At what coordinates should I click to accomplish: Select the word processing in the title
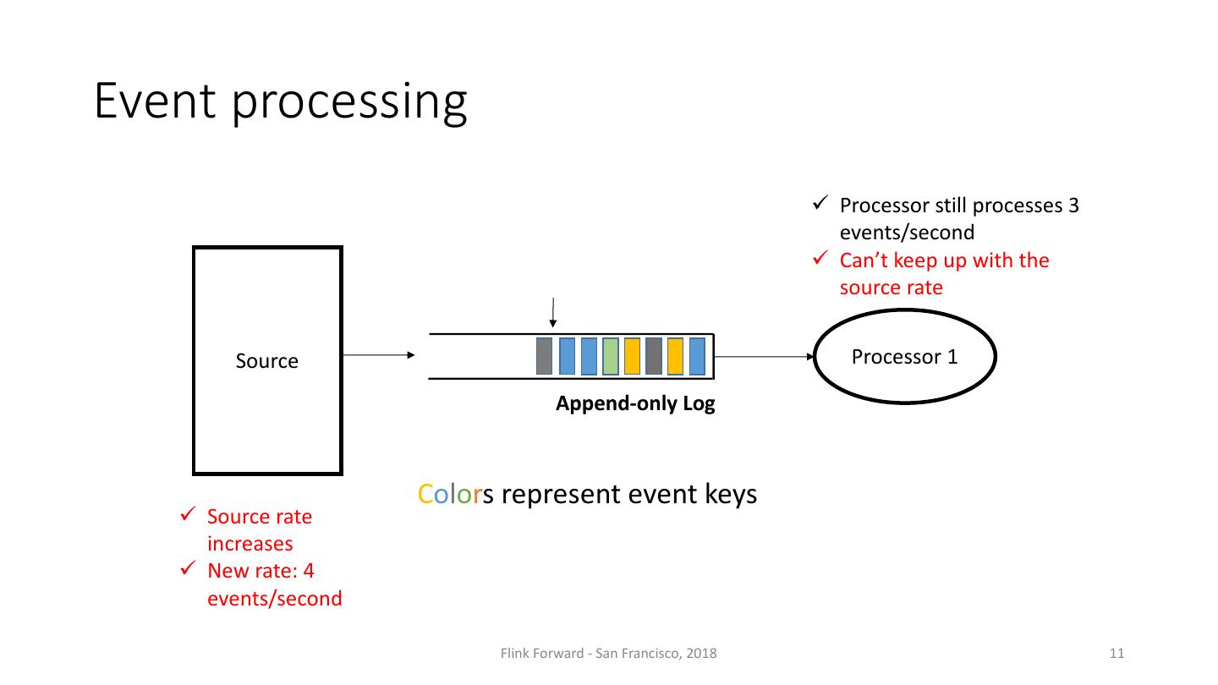click(x=349, y=103)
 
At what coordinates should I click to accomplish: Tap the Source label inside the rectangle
click(x=266, y=361)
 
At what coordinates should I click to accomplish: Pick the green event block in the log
click(x=610, y=356)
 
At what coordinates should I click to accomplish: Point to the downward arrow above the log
click(x=552, y=312)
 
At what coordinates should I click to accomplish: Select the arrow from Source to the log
click(x=379, y=355)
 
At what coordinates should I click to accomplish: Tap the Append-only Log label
click(x=634, y=404)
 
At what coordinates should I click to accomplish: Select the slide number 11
click(x=1116, y=653)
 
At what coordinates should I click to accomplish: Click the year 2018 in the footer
click(x=702, y=653)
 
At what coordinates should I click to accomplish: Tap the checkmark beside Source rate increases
click(x=189, y=515)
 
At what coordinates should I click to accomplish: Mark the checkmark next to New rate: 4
click(x=189, y=569)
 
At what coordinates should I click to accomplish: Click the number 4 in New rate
click(x=309, y=571)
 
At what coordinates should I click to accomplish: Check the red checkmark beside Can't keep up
click(x=820, y=259)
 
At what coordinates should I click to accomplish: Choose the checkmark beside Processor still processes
click(x=820, y=205)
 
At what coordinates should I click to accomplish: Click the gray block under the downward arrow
click(x=544, y=356)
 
